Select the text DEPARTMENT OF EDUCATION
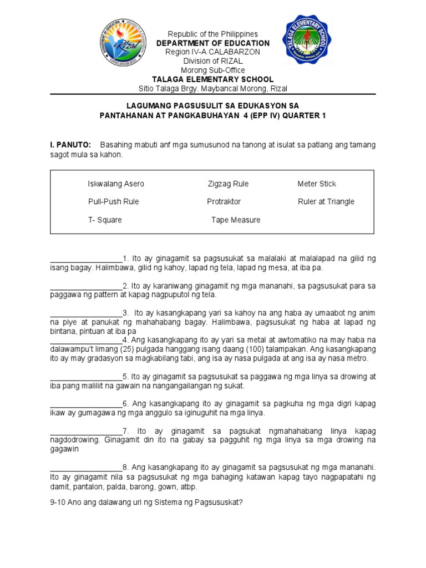213,43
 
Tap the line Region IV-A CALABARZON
213,52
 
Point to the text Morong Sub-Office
213,70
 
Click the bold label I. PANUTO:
70,145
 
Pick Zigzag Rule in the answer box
228,184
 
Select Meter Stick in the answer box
317,184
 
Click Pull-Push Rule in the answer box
113,202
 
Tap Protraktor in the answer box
224,202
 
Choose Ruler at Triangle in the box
326,202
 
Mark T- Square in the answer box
105,220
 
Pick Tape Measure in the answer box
236,220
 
